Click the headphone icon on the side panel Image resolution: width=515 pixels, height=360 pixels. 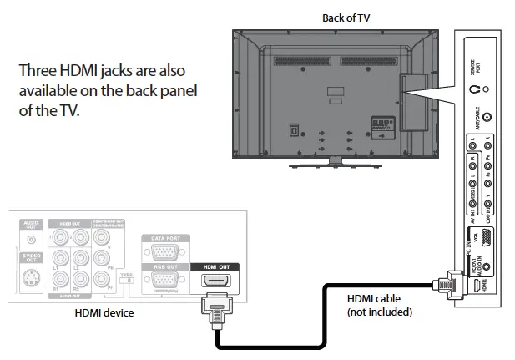click(x=473, y=87)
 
